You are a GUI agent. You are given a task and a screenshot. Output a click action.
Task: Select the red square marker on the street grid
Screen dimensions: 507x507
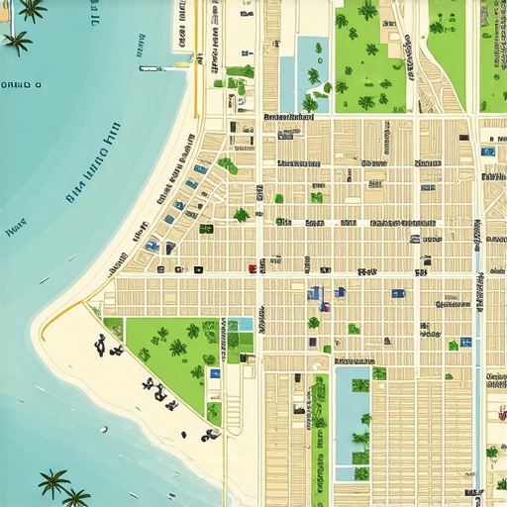[x=253, y=267]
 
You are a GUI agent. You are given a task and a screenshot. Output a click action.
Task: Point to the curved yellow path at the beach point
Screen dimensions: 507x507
[x=59, y=314]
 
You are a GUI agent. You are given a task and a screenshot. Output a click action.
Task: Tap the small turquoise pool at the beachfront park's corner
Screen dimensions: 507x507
[x=241, y=324]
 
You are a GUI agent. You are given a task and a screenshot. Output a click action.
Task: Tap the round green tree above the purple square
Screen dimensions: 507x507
[x=314, y=323]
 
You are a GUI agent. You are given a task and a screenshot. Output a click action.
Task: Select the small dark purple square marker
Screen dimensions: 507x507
[x=313, y=343]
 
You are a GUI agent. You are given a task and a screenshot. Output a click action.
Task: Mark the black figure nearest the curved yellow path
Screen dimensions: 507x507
[x=101, y=344]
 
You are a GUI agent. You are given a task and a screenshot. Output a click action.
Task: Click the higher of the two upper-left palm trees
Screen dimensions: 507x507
[x=32, y=9]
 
